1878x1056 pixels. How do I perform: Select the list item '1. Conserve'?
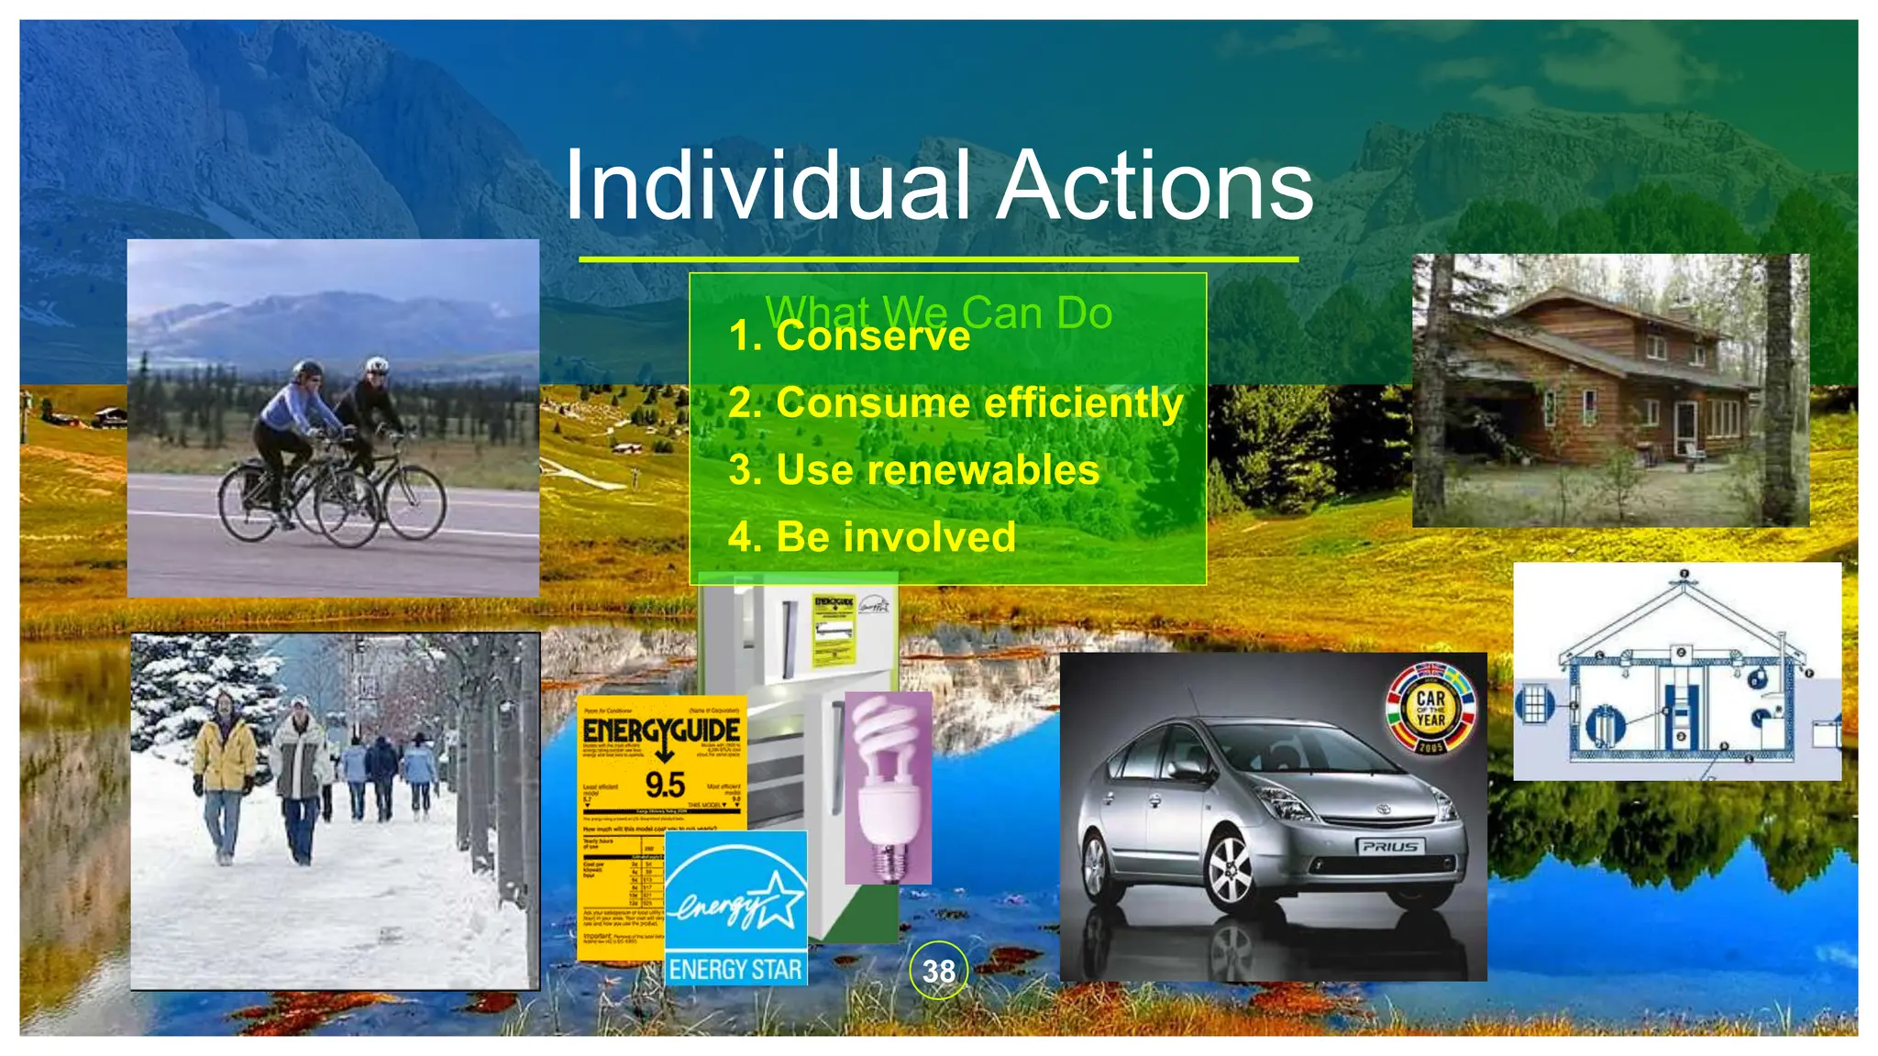click(849, 336)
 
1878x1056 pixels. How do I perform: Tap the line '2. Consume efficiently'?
click(956, 403)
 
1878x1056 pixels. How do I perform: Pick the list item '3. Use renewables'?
click(913, 470)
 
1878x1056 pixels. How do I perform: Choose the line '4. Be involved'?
click(871, 537)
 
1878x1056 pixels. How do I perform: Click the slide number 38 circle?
click(938, 971)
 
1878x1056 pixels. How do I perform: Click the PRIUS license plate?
click(1389, 846)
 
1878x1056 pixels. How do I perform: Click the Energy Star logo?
click(735, 907)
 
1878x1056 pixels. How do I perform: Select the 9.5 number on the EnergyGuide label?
click(664, 786)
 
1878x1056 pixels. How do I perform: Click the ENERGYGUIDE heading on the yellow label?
click(661, 731)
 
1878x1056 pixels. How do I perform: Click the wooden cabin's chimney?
click(1680, 313)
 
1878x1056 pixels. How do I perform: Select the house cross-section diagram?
click(1676, 672)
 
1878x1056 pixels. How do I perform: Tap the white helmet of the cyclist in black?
click(376, 365)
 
